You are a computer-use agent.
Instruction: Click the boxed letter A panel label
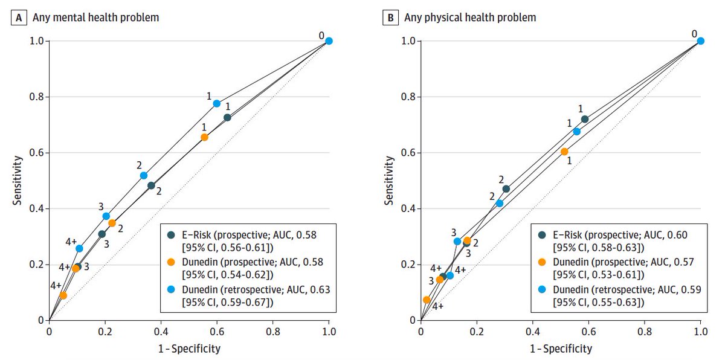click(19, 18)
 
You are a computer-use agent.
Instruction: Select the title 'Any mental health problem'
click(96, 18)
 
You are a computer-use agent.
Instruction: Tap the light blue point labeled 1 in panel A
click(216, 103)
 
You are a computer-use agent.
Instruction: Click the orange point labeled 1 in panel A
click(204, 137)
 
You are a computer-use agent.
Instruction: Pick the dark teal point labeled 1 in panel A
click(227, 117)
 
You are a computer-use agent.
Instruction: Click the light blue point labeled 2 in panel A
click(144, 175)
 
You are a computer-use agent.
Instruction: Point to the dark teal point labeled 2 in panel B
click(506, 189)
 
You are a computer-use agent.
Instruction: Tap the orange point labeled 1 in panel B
click(564, 152)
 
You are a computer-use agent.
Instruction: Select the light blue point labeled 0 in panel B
click(701, 41)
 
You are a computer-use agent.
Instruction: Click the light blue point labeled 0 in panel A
click(329, 41)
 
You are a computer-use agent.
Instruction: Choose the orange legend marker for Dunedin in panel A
click(171, 262)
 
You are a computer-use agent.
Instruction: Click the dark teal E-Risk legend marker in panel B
click(543, 234)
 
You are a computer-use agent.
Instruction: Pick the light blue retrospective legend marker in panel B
click(543, 290)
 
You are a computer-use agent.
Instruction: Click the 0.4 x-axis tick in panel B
click(533, 332)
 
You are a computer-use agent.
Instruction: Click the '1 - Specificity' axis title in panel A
click(189, 349)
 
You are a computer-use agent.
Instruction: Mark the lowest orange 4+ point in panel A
click(63, 295)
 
